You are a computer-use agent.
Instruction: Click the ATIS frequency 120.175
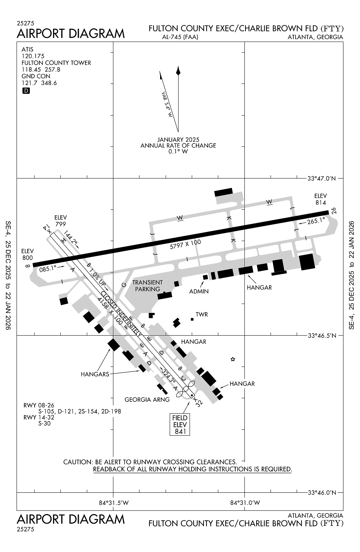(x=33, y=56)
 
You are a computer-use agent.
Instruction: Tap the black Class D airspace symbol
(x=26, y=91)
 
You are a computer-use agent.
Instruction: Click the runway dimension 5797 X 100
(x=186, y=245)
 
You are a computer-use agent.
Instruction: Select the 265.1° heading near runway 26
(x=316, y=221)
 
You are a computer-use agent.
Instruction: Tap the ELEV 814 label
(x=320, y=199)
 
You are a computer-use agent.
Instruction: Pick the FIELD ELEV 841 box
(x=180, y=425)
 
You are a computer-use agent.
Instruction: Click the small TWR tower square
(x=192, y=319)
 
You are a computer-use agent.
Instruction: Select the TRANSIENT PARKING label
(x=147, y=286)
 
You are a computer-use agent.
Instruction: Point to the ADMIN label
(x=199, y=291)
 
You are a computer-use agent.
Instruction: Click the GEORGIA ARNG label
(x=147, y=399)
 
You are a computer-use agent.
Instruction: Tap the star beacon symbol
(x=233, y=359)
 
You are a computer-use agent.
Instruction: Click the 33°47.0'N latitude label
(x=322, y=179)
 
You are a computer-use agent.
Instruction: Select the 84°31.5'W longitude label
(x=114, y=503)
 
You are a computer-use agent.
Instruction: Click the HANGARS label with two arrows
(x=95, y=374)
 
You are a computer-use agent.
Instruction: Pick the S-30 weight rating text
(x=44, y=423)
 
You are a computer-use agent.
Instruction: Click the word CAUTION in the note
(x=78, y=462)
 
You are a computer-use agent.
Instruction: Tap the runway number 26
(x=333, y=211)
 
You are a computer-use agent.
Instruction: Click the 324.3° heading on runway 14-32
(x=168, y=377)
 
